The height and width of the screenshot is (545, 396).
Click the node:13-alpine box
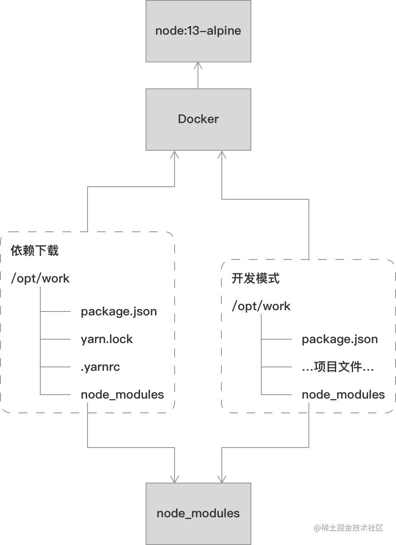coord(198,31)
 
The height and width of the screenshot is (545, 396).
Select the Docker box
coord(198,120)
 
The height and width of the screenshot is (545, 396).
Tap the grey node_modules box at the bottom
coord(198,514)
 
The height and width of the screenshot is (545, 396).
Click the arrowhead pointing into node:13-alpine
coord(198,65)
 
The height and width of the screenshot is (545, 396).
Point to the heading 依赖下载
coord(35,250)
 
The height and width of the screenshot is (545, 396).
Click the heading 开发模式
coord(256,278)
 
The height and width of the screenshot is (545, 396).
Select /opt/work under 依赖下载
coord(40,278)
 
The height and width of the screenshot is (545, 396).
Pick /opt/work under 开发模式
coord(261,306)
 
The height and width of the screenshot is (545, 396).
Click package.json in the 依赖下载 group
coord(119,312)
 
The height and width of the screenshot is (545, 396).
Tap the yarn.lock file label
coord(107,339)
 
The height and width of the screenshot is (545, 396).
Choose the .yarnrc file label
coord(100,367)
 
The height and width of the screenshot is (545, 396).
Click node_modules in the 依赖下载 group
coord(123,395)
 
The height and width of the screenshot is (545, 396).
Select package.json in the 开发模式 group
coord(340,340)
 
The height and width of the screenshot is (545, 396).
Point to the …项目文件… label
coord(338,367)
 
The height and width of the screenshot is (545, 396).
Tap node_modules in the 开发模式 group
coord(344,395)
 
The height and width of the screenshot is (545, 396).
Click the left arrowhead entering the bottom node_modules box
coord(175,479)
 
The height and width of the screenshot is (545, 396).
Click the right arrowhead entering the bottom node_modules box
coord(222,479)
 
